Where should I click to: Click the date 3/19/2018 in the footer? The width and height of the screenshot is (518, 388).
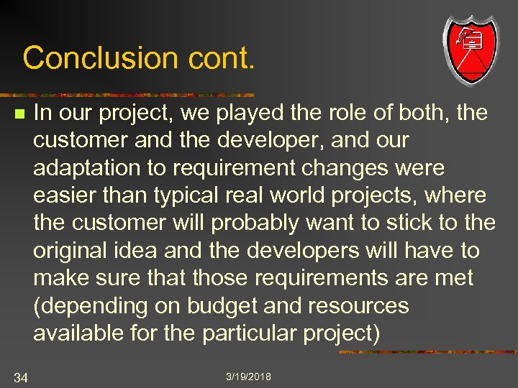[x=248, y=377]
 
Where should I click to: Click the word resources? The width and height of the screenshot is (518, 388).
[x=358, y=307]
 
